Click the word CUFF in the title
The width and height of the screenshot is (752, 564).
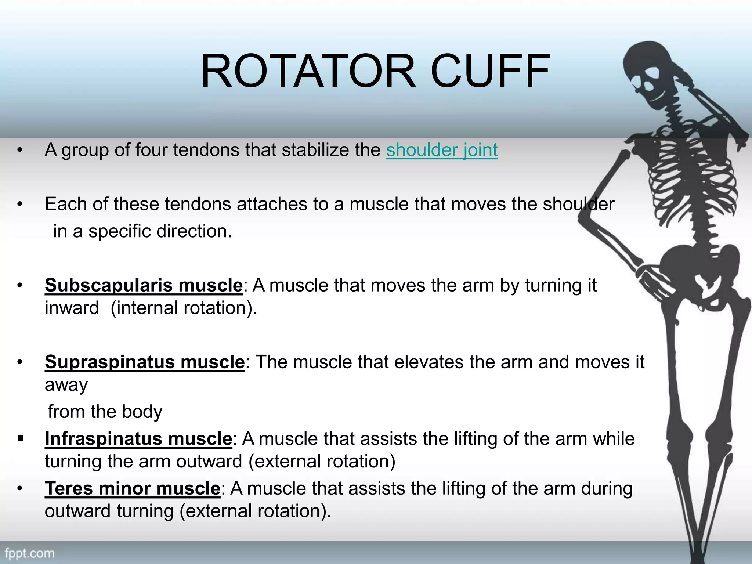tap(490, 72)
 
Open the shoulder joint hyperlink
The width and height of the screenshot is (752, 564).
tap(442, 150)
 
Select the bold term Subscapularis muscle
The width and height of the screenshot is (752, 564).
tap(144, 285)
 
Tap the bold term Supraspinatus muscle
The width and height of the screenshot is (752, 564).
tap(145, 362)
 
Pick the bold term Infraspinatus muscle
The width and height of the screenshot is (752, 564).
tap(138, 439)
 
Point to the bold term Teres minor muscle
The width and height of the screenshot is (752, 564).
tap(132, 489)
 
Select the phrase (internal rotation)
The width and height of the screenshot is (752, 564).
tap(184, 308)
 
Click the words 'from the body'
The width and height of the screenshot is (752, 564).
tap(105, 412)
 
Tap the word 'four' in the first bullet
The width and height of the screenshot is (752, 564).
tap(151, 150)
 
